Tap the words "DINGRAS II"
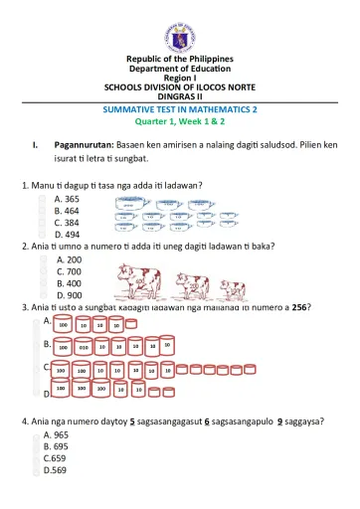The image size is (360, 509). [x=179, y=95]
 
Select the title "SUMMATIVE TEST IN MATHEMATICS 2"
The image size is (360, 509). [x=179, y=107]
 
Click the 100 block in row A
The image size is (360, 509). [x=63, y=324]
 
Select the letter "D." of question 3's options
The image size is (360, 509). [x=48, y=394]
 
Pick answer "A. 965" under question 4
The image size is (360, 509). [x=57, y=435]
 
